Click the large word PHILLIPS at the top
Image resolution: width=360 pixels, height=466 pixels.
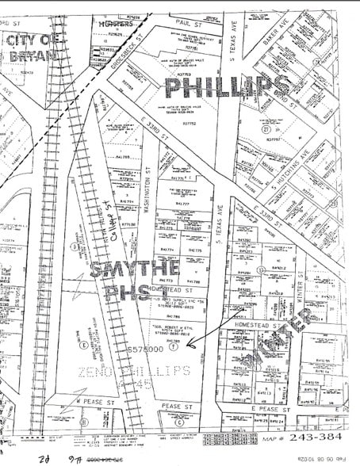pos(226,86)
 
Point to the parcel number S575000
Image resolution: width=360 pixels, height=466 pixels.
pos(147,349)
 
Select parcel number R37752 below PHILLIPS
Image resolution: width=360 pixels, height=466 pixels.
pos(189,124)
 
